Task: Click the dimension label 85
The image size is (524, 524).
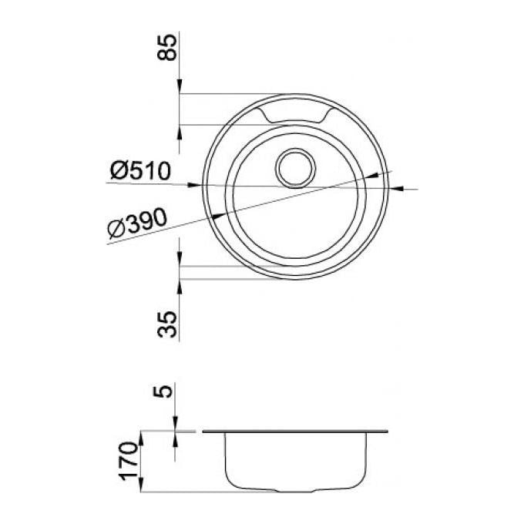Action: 166,47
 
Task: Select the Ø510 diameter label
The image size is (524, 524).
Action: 140,170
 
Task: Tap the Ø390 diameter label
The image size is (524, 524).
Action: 137,223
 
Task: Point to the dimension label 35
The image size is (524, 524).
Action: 166,324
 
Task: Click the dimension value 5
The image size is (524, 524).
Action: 163,391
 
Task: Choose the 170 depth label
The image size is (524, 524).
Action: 129,461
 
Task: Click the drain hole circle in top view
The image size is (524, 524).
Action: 295,168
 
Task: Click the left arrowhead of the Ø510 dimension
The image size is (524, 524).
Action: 195,185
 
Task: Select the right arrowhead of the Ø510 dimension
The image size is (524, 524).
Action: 396,189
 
